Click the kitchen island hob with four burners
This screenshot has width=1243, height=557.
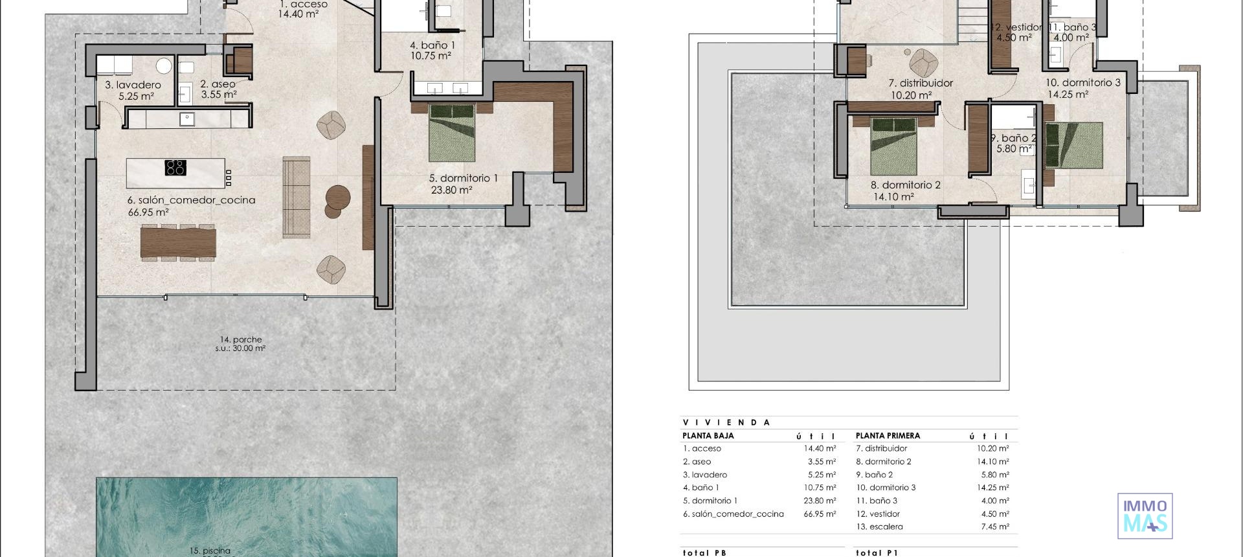point(175,168)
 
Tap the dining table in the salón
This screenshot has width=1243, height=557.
point(178,242)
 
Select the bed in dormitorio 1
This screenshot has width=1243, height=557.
point(452,133)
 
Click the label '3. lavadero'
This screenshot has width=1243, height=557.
point(133,85)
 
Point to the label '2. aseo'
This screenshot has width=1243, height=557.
point(218,84)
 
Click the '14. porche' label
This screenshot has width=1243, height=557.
point(240,339)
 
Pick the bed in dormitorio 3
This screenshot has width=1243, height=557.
point(1073,145)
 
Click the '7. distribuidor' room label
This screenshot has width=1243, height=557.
point(920,83)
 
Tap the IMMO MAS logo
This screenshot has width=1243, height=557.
point(1145,516)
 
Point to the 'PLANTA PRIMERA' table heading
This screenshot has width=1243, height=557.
point(887,436)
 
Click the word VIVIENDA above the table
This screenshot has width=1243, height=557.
point(726,422)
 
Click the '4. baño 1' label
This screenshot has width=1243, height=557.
point(432,45)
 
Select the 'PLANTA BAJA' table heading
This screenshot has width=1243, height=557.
point(708,436)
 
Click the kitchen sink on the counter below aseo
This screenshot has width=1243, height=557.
point(187,118)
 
